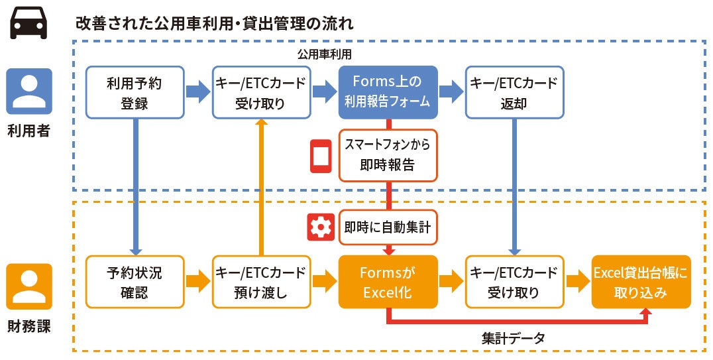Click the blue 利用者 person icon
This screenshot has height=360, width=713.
click(x=29, y=91)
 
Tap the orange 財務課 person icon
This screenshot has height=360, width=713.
click(x=29, y=286)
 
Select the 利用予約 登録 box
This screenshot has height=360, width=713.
click(x=135, y=93)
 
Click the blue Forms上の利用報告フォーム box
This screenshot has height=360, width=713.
click(x=388, y=93)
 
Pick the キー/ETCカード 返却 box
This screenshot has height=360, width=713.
click(x=514, y=93)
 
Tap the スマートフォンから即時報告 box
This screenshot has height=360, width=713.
click(x=388, y=155)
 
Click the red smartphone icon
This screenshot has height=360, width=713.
click(x=321, y=155)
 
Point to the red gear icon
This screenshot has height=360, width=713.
click(x=321, y=227)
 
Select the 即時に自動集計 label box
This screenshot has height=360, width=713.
click(x=388, y=227)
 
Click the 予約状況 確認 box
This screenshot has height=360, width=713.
click(x=135, y=282)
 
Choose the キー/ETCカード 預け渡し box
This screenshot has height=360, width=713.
click(x=261, y=282)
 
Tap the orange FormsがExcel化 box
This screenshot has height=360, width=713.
click(x=388, y=282)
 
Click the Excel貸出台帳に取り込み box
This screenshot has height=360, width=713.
click(x=641, y=282)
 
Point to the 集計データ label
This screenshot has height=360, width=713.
click(x=514, y=337)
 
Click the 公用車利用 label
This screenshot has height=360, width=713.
click(x=325, y=52)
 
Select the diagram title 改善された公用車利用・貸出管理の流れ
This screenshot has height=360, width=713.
click(x=215, y=25)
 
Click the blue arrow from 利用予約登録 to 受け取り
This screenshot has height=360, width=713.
click(x=197, y=92)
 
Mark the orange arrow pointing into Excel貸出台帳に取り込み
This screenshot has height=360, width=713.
click(x=577, y=282)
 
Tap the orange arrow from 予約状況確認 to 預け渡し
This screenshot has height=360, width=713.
click(x=197, y=282)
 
